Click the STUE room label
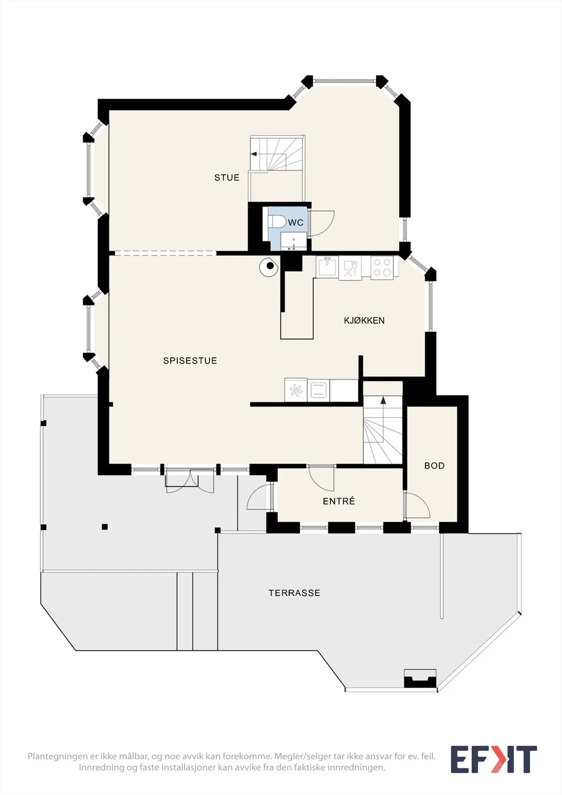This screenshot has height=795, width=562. [227, 177]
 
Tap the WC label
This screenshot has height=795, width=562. [295, 223]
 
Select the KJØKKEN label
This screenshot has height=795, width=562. [364, 320]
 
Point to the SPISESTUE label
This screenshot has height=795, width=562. [190, 361]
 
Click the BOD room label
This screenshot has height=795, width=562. [434, 465]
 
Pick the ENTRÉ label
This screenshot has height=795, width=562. [339, 501]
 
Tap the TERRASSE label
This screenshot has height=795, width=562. [294, 593]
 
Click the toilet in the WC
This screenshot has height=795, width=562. [277, 222]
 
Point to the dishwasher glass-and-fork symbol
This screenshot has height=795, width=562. [350, 268]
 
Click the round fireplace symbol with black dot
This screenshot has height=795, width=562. [268, 266]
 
